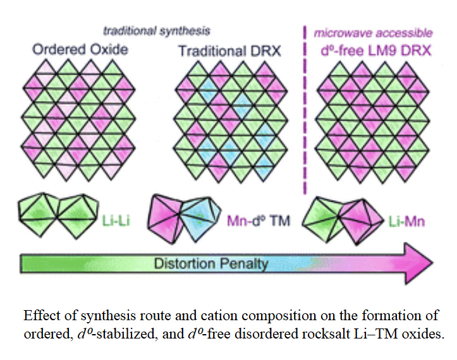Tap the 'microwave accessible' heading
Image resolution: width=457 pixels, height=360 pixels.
point(373,32)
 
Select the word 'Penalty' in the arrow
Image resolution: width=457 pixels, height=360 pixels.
point(245,263)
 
